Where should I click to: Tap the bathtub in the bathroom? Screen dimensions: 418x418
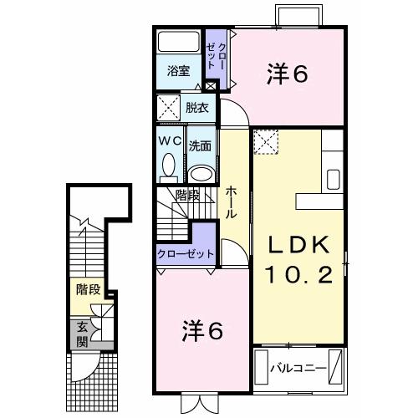pos(178,42)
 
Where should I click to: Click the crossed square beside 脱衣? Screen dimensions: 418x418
pos(169,108)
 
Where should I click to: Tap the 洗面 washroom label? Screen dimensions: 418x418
pos(199,145)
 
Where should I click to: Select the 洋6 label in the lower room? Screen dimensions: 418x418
pos(203,331)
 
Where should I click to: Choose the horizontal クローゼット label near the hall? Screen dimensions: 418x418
pos(186,253)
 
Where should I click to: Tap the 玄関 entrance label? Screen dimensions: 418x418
pos(83,334)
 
